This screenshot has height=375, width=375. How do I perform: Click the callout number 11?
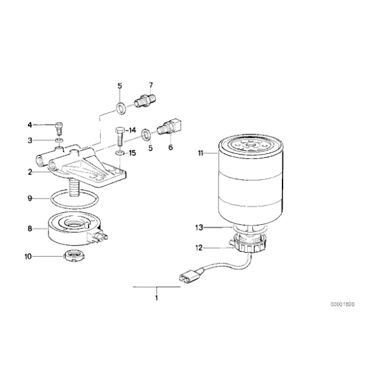tap(200, 153)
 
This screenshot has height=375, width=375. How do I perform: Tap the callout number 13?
tap(200, 227)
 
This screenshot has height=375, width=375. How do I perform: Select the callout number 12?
tap(200, 246)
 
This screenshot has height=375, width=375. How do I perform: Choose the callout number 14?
tap(132, 131)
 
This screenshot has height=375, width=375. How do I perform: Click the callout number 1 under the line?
tap(156, 298)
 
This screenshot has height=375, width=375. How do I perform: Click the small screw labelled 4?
tap(59, 125)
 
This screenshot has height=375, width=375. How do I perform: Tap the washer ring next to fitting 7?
tap(121, 105)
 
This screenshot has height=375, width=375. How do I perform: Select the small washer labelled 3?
tap(59, 139)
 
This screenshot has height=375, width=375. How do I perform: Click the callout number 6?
tap(171, 147)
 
